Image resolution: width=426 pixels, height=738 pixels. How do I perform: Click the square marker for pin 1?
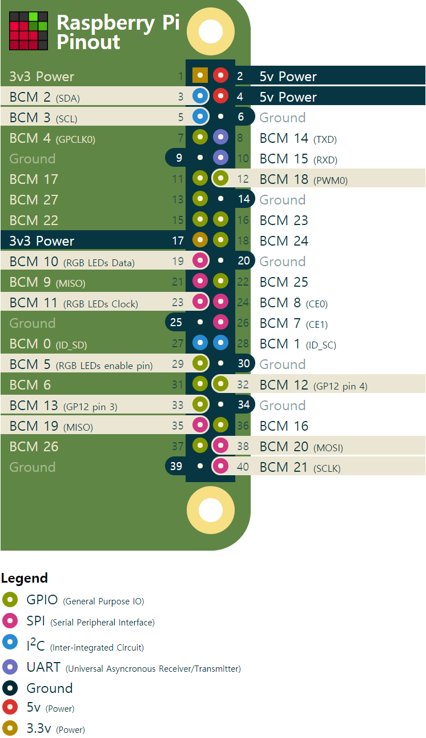pyautogui.click(x=200, y=75)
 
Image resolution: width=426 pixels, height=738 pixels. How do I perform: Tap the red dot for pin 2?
pyautogui.click(x=220, y=75)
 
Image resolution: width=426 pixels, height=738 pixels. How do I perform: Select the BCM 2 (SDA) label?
pyautogui.click(x=45, y=97)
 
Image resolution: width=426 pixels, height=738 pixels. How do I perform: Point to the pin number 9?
pyautogui.click(x=179, y=158)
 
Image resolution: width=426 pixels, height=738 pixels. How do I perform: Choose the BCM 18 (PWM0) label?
pyautogui.click(x=303, y=179)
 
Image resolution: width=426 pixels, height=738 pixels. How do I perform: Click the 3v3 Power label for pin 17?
pyautogui.click(x=42, y=241)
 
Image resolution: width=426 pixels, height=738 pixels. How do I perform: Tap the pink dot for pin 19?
pyautogui.click(x=200, y=261)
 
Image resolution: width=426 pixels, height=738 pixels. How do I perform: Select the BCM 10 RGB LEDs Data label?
pyautogui.click(x=72, y=262)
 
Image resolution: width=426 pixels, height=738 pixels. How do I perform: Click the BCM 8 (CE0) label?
pyautogui.click(x=294, y=303)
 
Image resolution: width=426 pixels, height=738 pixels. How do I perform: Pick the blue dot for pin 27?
pyautogui.click(x=200, y=343)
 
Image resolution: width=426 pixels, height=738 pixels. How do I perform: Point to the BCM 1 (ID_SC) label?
pyautogui.click(x=298, y=344)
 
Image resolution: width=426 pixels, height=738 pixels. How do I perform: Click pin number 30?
pyautogui.click(x=244, y=364)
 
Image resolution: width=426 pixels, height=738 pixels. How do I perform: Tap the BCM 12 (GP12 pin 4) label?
pyautogui.click(x=313, y=385)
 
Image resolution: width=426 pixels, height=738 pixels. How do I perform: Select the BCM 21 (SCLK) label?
pyautogui.click(x=300, y=467)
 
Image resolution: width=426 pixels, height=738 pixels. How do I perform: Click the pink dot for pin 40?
pyautogui.click(x=220, y=467)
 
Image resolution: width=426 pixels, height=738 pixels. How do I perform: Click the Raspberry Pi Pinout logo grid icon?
pyautogui.click(x=29, y=31)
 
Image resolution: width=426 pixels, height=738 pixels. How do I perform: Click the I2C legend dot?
pyautogui.click(x=10, y=643)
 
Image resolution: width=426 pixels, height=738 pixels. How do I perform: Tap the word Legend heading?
pyautogui.click(x=25, y=578)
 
